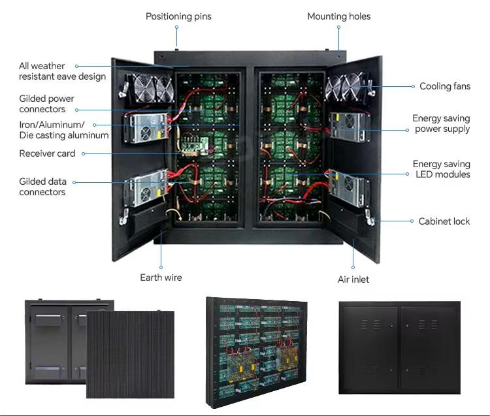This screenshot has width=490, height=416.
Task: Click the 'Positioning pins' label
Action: [178, 16]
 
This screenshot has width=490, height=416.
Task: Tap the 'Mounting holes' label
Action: [338, 16]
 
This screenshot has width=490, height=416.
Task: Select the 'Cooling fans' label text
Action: [445, 86]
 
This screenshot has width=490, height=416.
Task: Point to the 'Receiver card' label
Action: [47, 153]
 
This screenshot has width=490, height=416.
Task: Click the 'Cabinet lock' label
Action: [444, 221]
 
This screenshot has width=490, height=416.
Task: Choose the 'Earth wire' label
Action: [161, 278]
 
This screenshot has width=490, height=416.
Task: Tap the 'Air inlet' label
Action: [353, 280]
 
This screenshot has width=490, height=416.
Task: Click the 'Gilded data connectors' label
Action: [43, 187]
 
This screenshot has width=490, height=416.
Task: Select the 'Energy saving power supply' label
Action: [441, 123]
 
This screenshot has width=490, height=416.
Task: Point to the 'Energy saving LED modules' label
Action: [442, 169]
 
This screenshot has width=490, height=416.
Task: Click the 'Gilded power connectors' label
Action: [46, 104]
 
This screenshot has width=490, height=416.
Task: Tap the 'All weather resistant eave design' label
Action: [62, 71]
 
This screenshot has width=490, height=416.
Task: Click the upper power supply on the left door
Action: [146, 128]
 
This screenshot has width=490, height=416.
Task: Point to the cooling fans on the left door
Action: [154, 88]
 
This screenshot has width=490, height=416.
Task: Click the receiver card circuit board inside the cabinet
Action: [195, 146]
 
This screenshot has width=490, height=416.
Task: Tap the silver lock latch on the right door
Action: [370, 218]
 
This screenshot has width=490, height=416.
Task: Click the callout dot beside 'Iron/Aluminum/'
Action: [94, 125]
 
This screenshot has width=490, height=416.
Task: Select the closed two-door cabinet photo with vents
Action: [400, 347]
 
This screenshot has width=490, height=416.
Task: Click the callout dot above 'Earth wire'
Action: [161, 267]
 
